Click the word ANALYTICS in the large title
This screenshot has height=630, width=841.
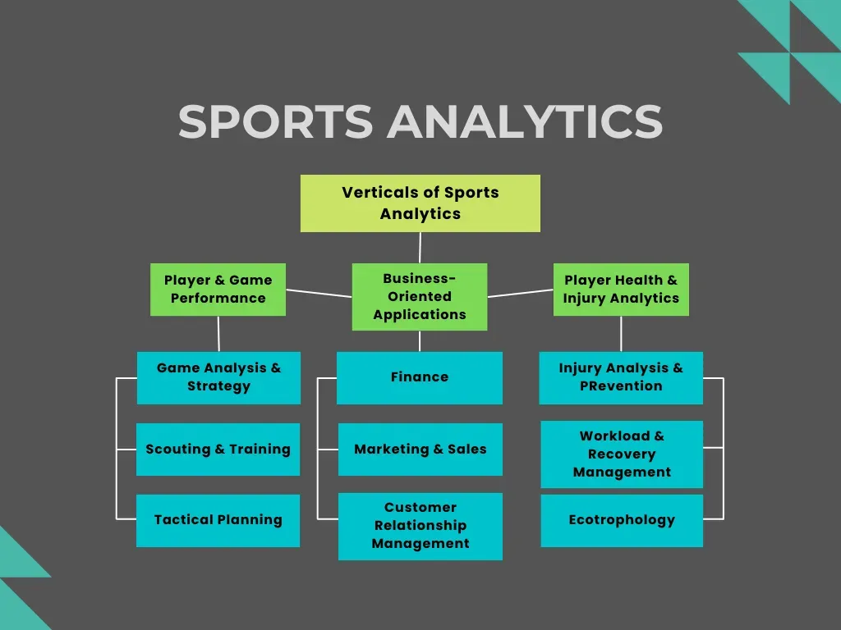[526, 121]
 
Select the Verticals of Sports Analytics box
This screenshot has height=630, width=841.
[420, 203]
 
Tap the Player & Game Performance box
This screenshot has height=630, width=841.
[218, 290]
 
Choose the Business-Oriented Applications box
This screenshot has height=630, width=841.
[419, 296]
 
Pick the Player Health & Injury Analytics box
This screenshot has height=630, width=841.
[621, 290]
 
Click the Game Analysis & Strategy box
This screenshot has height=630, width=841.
[218, 377]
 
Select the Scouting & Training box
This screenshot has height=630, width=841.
[218, 449]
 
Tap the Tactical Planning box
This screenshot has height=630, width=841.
[218, 520]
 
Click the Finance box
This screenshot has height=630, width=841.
[419, 377]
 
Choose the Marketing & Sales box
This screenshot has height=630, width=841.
[420, 449]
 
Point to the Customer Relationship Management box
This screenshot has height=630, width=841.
[420, 526]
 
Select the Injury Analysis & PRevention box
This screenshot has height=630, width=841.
[621, 377]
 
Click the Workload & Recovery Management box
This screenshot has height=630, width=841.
[622, 454]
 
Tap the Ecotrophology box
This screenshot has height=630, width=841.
[622, 520]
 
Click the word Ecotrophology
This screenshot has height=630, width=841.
[622, 520]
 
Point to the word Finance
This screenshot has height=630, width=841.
[419, 377]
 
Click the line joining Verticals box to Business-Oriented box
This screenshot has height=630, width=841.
[420, 248]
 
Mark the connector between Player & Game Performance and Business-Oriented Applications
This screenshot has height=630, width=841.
[319, 293]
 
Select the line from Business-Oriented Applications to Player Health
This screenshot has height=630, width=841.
[520, 293]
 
